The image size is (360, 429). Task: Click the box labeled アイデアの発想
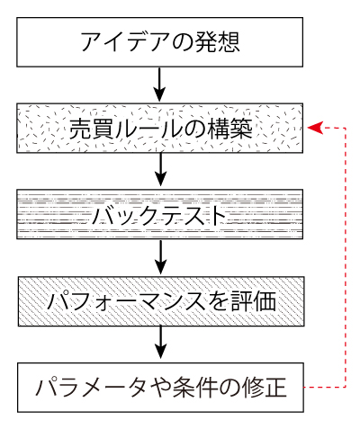pyautogui.click(x=160, y=42)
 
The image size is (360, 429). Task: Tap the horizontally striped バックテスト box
pyautogui.click(x=160, y=214)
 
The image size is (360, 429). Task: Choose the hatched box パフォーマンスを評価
pyautogui.click(x=160, y=300)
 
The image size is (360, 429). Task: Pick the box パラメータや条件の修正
pyautogui.click(x=160, y=388)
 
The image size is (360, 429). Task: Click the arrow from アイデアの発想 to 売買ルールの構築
pyautogui.click(x=160, y=85)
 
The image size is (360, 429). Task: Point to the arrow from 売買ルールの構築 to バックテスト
pyautogui.click(x=160, y=170)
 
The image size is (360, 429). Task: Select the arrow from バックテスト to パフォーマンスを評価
pyautogui.click(x=160, y=256)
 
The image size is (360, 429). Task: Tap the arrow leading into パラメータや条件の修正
pyautogui.click(x=160, y=343)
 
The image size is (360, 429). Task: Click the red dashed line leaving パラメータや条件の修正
pyautogui.click(x=324, y=388)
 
